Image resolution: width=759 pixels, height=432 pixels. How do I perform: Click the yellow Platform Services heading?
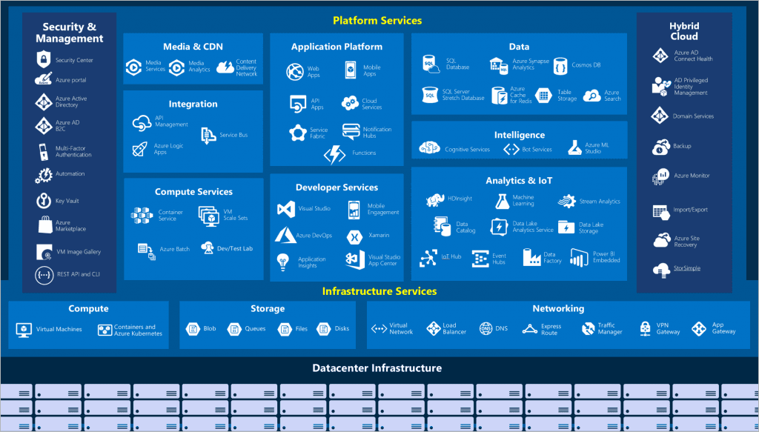tap(377, 21)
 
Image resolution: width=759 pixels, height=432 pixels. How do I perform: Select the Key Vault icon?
tap(42, 201)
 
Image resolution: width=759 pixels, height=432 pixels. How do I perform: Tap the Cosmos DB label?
tap(586, 65)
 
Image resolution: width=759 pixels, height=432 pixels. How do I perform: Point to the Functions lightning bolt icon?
tap(335, 154)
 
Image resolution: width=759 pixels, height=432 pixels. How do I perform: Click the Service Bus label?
tap(233, 135)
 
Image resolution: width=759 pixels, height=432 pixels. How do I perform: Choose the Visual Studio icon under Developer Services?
tap(285, 209)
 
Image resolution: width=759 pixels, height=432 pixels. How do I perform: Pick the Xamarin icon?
tap(354, 236)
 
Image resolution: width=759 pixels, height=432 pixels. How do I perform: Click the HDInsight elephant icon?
tap(434, 201)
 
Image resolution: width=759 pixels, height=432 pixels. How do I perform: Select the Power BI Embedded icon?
tap(579, 257)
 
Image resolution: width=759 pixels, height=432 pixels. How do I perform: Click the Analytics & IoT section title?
tap(519, 181)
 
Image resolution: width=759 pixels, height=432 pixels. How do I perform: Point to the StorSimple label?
tap(686, 268)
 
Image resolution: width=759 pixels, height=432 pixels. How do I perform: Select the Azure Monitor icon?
tap(660, 176)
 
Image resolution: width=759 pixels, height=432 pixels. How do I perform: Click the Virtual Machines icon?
tap(24, 330)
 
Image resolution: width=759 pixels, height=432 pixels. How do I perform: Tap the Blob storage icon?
tap(193, 329)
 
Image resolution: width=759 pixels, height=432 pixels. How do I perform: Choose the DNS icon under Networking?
tap(485, 328)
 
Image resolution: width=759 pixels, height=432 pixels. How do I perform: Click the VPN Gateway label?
tap(668, 328)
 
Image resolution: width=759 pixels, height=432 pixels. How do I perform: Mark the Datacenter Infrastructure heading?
tap(377, 368)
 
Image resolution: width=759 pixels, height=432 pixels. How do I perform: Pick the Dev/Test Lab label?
tap(235, 248)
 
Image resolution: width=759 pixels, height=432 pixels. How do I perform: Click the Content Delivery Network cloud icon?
tap(225, 67)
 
